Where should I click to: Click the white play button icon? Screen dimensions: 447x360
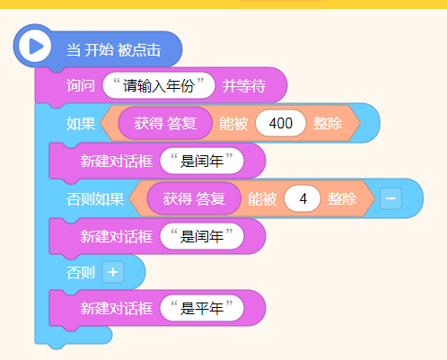point(35,47)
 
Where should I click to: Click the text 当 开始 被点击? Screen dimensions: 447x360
point(114,49)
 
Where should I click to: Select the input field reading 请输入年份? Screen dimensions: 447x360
point(159,85)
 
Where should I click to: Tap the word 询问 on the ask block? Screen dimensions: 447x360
point(81,86)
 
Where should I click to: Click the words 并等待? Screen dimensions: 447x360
point(244,86)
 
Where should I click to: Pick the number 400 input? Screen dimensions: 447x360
point(281,123)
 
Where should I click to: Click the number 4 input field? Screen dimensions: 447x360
point(302,198)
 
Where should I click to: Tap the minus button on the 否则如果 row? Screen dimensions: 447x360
point(390,198)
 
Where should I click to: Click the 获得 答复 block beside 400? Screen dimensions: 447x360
point(165,123)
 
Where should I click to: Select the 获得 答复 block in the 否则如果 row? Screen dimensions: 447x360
point(194,198)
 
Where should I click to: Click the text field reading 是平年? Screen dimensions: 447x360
point(202,308)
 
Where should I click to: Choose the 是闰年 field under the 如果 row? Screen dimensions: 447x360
point(202,161)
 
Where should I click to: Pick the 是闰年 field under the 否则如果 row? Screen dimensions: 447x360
point(202,236)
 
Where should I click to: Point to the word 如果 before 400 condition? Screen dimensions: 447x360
point(81,124)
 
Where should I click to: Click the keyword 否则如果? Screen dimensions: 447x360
point(95,199)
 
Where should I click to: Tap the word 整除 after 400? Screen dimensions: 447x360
point(328,123)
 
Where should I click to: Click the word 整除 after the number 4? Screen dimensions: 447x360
point(342,198)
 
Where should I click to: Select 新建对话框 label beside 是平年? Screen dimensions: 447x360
point(117,308)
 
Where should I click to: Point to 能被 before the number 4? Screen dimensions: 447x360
point(262,198)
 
